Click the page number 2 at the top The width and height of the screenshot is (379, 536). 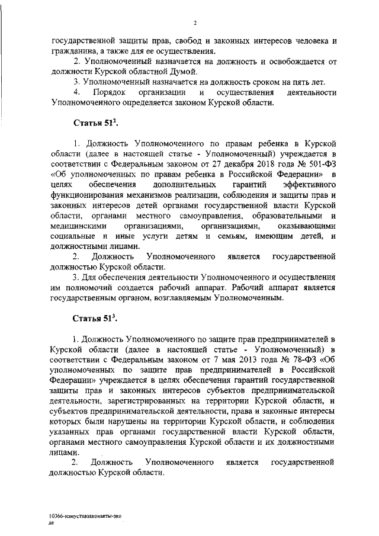(x=194, y=23)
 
